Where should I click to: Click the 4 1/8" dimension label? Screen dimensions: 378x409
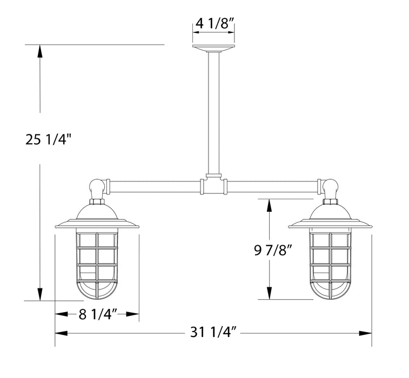[214, 24]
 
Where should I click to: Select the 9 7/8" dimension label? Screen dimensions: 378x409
[273, 250]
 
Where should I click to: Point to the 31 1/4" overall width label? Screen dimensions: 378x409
[214, 333]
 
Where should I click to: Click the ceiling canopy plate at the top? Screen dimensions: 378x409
[214, 49]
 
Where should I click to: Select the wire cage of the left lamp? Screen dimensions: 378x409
[97, 262]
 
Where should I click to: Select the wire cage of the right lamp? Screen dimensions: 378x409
[330, 262]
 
